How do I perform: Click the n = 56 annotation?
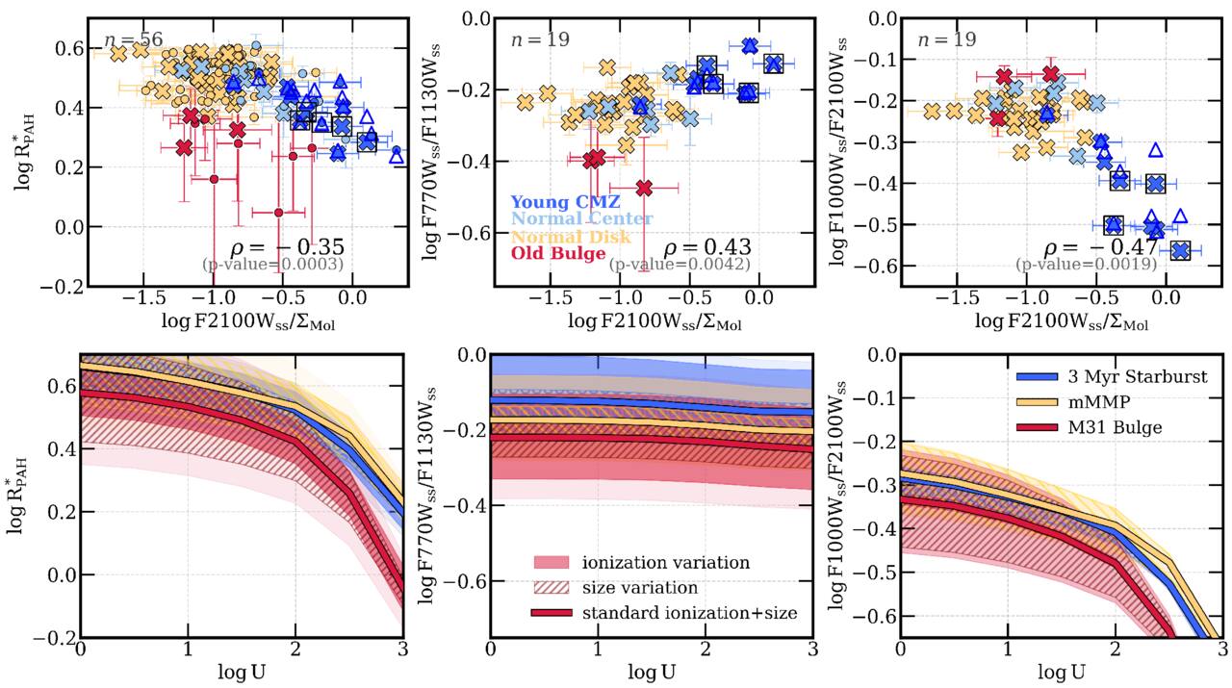133,39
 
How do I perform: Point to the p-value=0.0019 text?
1087,265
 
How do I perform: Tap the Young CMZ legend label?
565,202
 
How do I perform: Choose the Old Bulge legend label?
558,253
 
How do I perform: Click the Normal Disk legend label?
571,237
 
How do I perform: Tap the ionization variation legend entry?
641,563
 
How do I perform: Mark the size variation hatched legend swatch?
552,588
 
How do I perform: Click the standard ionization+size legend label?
690,613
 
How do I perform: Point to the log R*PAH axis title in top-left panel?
26,152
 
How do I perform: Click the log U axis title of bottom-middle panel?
652,672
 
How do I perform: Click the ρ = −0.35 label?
287,248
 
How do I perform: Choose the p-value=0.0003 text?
272,265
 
